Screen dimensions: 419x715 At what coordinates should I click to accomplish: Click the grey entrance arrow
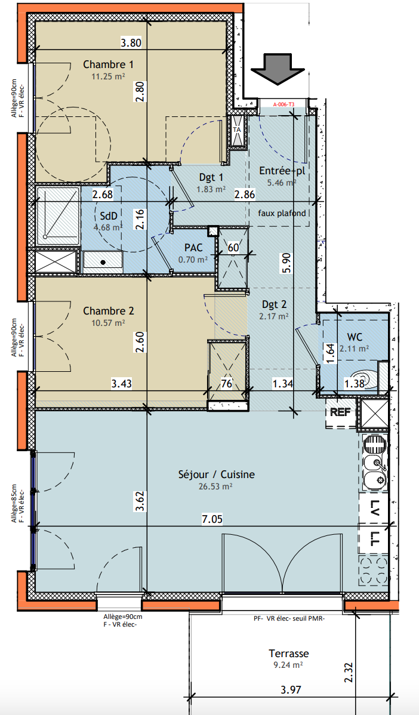[278, 69]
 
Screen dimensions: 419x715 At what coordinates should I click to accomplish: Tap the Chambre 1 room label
[108, 64]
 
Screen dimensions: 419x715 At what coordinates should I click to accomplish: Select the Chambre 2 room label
[109, 311]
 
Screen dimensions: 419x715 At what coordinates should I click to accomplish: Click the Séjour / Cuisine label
[216, 474]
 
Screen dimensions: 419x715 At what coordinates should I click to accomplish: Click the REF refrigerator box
[341, 412]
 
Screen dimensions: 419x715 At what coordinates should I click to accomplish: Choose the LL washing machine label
[374, 540]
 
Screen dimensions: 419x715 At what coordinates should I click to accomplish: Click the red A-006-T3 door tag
[284, 104]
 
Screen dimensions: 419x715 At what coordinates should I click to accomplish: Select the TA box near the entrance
[237, 130]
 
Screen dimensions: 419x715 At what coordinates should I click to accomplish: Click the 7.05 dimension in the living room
[212, 519]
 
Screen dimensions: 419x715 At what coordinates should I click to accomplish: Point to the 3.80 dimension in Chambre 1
[131, 44]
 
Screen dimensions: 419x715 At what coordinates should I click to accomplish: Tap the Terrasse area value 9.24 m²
[288, 665]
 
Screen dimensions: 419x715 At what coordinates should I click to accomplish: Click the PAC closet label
[193, 248]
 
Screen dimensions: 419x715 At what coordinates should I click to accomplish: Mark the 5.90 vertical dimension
[286, 262]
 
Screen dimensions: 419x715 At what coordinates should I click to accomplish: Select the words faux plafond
[282, 213]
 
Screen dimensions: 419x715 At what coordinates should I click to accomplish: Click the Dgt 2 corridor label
[274, 304]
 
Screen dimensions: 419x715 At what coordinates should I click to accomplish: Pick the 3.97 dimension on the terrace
[291, 689]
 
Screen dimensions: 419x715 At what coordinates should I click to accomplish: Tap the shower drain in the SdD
[45, 236]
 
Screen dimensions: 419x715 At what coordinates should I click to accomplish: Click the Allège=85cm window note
[14, 504]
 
